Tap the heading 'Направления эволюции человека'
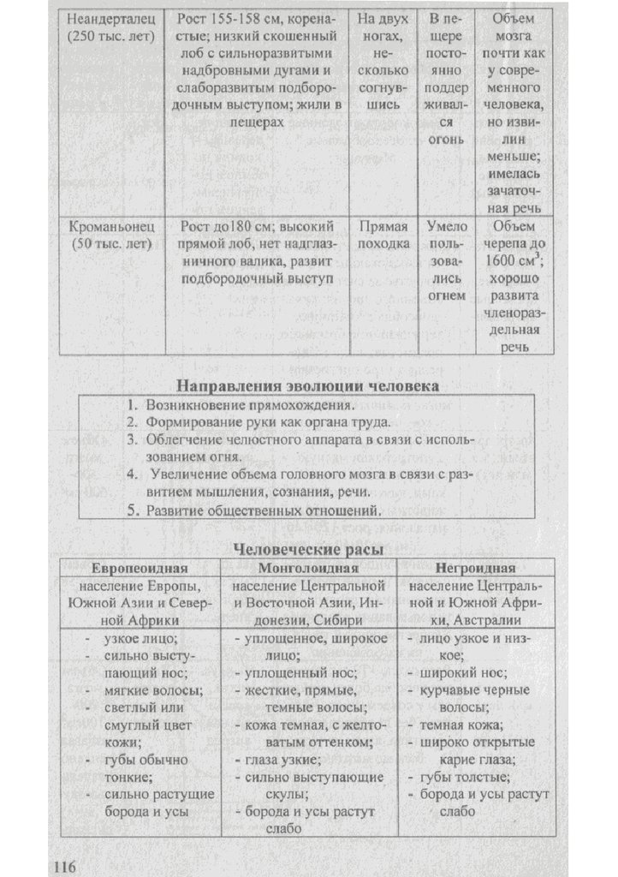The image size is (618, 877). coord(307,385)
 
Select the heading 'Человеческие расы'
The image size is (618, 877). coord(308,548)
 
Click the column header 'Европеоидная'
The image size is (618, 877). coord(139,568)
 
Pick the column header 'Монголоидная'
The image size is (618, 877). coord(307,568)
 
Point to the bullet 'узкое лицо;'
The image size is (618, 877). coord(140,639)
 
